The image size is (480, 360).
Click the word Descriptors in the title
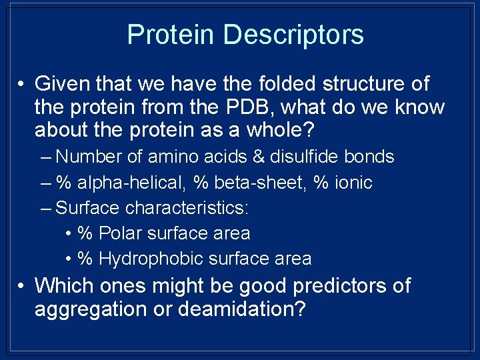click(294, 35)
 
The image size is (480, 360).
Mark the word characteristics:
click(187, 208)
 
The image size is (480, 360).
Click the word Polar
click(121, 233)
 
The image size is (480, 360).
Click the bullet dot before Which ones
click(22, 287)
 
